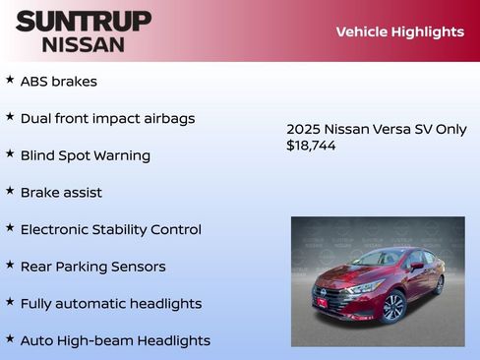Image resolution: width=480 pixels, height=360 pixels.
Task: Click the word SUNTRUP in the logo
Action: (x=84, y=21)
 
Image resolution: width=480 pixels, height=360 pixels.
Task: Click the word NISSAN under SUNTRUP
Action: (x=84, y=44)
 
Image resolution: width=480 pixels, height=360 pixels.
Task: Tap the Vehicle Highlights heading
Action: (x=399, y=31)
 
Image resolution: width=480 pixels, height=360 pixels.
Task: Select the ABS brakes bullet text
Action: (x=58, y=82)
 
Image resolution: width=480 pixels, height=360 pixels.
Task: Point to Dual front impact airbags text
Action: (x=107, y=118)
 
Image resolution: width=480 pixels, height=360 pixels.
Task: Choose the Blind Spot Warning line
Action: (x=85, y=155)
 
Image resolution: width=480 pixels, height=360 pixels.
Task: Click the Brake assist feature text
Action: (x=61, y=193)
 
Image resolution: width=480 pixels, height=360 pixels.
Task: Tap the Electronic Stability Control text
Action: (x=110, y=229)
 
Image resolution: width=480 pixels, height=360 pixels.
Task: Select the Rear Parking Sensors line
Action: (x=92, y=267)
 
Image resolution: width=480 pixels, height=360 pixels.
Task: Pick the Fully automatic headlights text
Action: (x=110, y=304)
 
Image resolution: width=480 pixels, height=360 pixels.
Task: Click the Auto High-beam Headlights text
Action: (x=115, y=340)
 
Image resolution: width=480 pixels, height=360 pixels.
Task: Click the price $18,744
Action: (x=311, y=145)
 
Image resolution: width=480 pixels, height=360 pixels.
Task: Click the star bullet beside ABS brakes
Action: (x=10, y=80)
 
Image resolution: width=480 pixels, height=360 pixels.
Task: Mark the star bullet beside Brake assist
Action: (x=10, y=191)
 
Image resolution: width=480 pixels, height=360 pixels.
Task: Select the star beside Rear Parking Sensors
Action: (x=10, y=265)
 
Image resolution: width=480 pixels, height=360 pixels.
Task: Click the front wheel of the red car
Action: (x=394, y=307)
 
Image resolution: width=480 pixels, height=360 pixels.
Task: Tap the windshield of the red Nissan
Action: (x=380, y=259)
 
